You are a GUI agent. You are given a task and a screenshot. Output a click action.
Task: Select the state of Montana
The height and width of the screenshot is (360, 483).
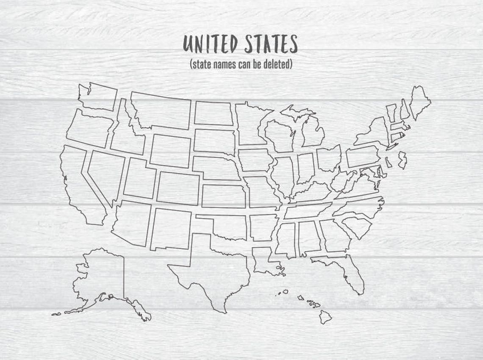click(x=161, y=110)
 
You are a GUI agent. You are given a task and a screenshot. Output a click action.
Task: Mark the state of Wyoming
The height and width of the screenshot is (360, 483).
click(x=170, y=151)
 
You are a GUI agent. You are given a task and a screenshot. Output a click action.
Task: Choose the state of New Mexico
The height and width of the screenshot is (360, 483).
click(x=170, y=229)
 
